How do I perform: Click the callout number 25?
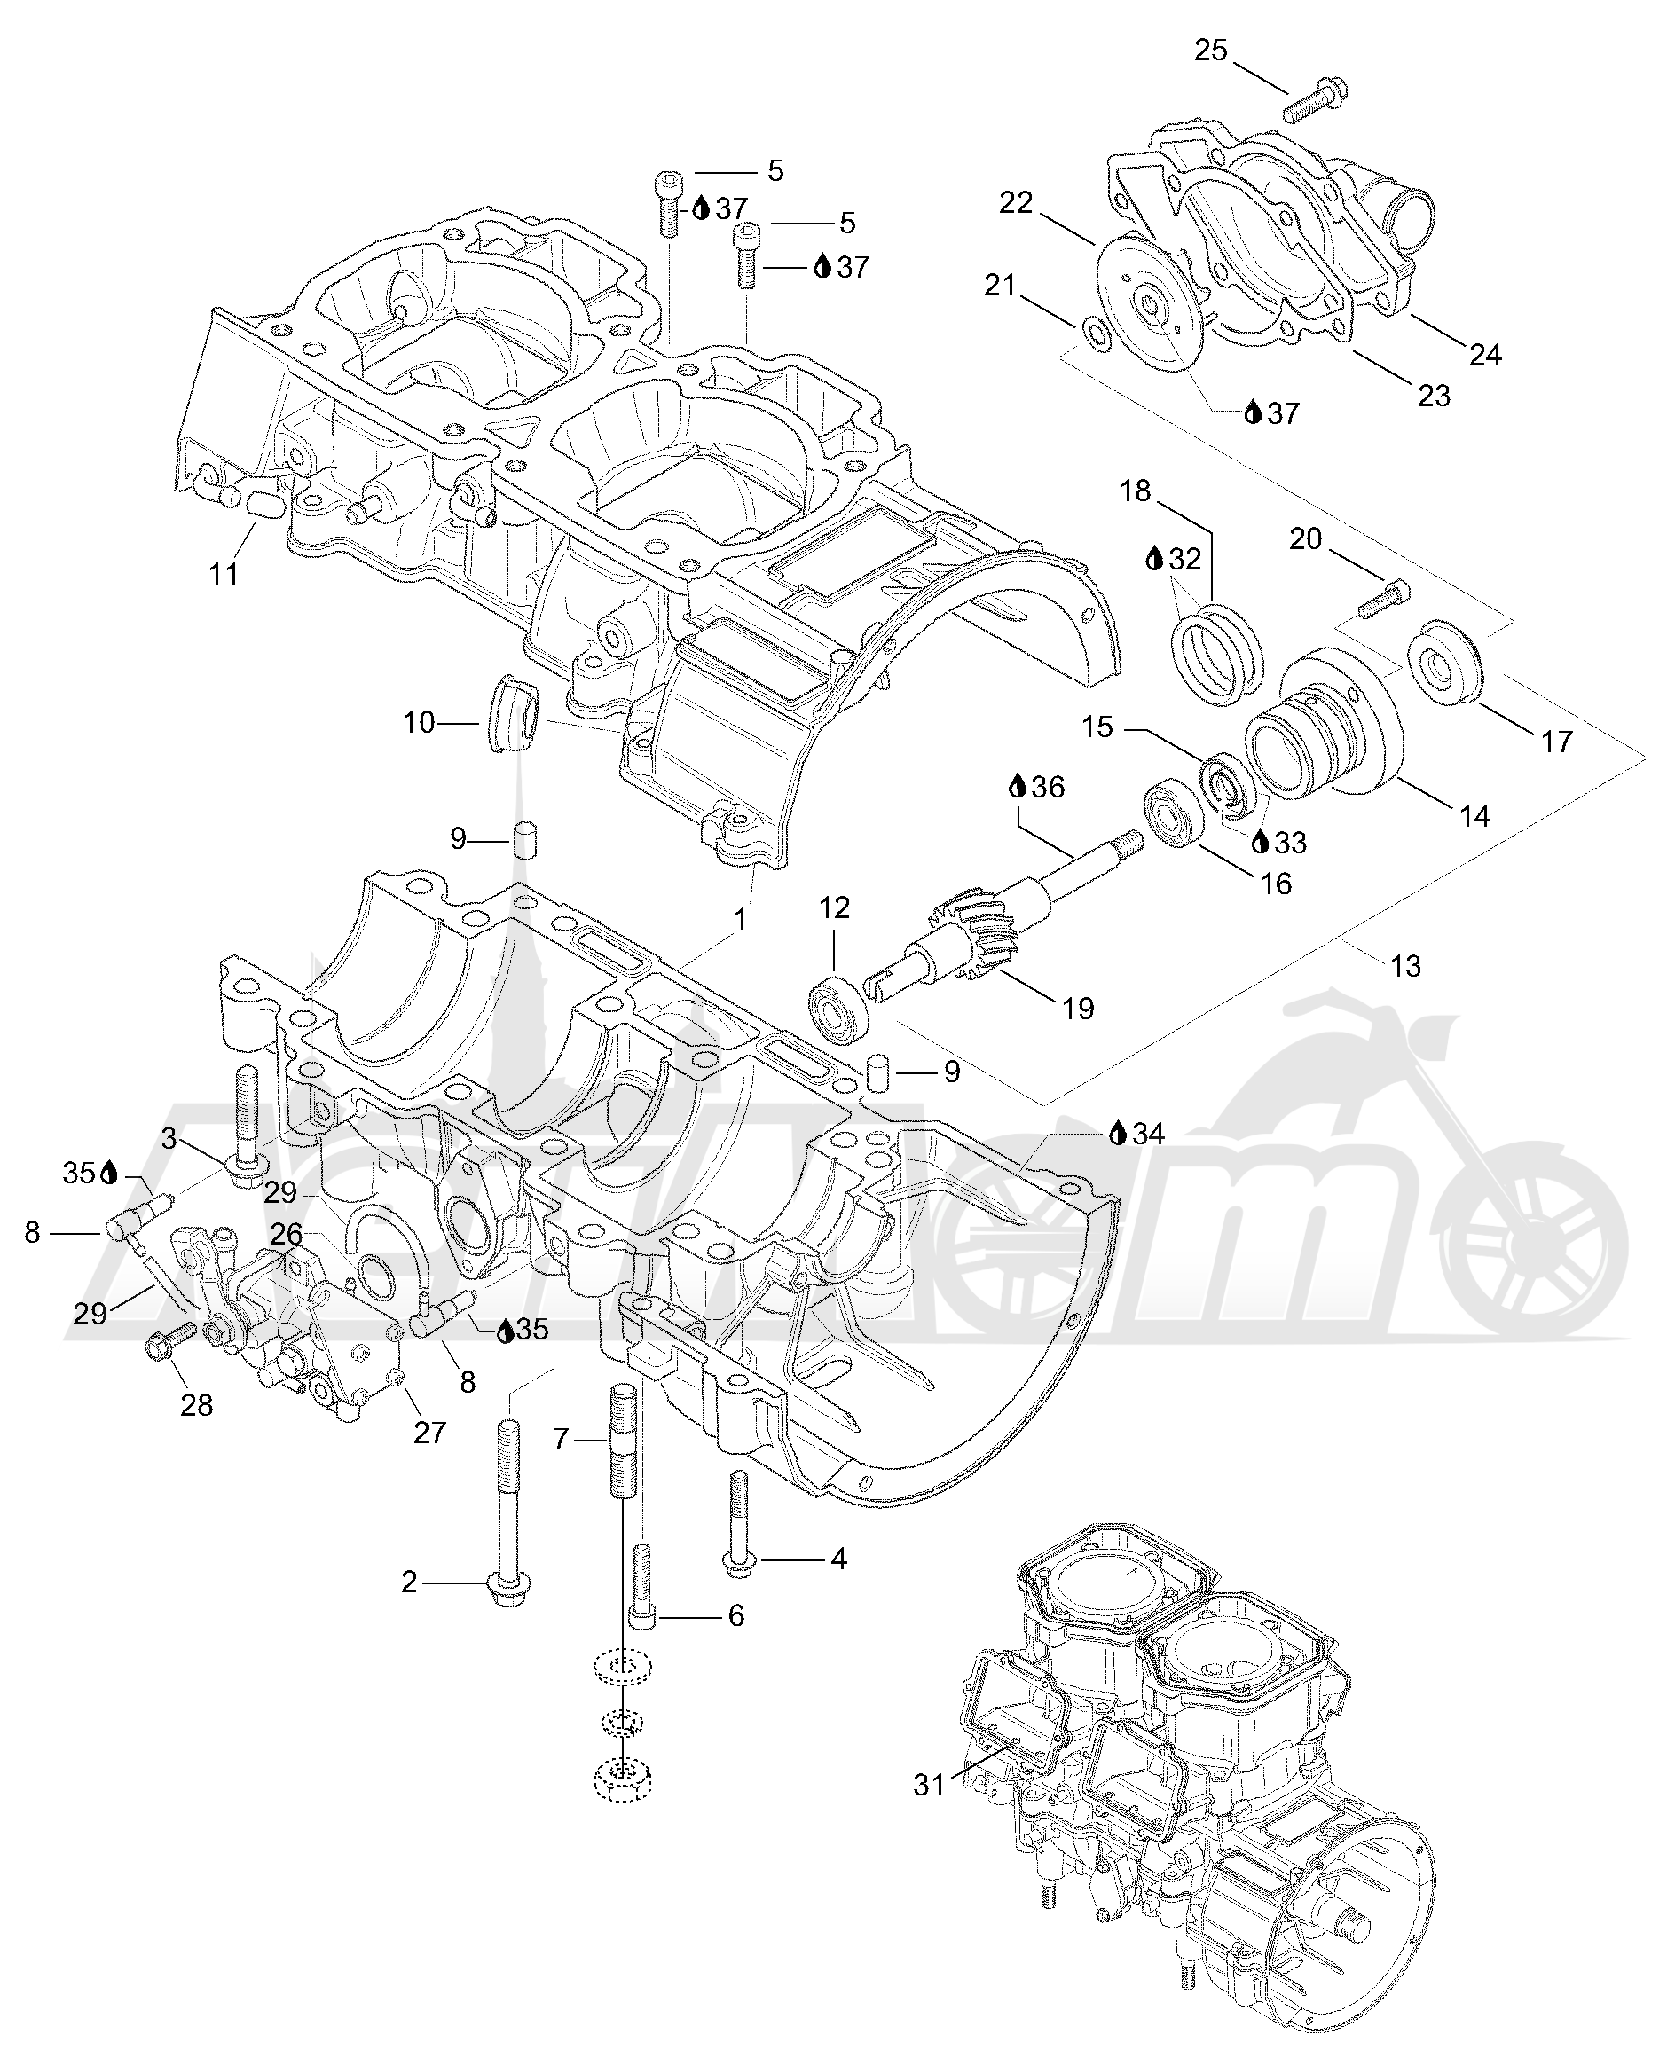[1211, 51]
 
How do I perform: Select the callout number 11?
[223, 574]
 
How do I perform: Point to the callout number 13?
[1406, 966]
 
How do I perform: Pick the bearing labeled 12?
[838, 1009]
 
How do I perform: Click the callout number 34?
[1148, 1134]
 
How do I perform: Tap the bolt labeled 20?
[1382, 598]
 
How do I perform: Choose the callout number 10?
[419, 723]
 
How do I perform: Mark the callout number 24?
[1485, 356]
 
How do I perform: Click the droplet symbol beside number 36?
[1017, 786]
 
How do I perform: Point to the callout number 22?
[1016, 202]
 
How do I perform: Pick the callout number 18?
[1136, 491]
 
